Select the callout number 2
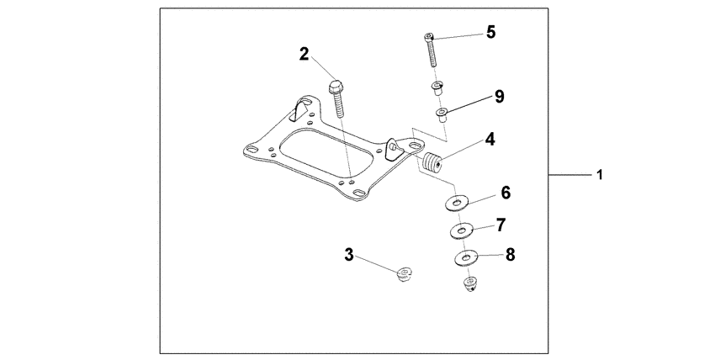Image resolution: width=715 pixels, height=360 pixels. click(305, 55)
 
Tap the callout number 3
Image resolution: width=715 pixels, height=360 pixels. click(348, 253)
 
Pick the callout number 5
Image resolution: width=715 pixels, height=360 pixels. click(490, 32)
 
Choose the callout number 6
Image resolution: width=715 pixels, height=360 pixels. click(506, 193)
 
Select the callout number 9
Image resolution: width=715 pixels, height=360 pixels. click(499, 96)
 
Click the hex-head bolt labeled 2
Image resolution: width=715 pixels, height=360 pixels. click(336, 97)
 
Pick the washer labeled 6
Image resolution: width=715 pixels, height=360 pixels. click(457, 203)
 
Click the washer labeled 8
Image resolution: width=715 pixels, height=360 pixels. click(467, 257)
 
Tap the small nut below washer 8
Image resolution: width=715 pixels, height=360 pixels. click(469, 284)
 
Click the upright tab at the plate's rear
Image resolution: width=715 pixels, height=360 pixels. click(299, 109)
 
